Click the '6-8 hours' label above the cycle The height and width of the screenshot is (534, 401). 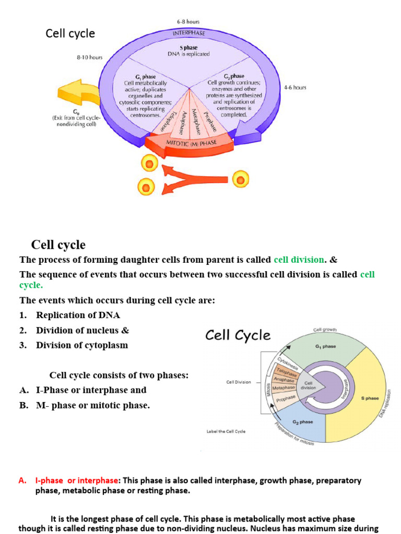click(188, 21)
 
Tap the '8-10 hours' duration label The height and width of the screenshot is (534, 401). click(90, 58)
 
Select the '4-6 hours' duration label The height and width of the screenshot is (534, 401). click(295, 88)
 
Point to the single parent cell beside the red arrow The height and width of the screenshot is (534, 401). click(240, 180)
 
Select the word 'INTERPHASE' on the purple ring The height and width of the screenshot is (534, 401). click(188, 32)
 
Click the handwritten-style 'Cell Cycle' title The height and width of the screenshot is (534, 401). click(238, 335)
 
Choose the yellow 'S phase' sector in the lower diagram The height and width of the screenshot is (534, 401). click(365, 398)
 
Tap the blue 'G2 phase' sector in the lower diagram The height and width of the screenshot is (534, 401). click(303, 422)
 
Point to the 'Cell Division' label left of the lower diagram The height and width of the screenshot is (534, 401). click(238, 382)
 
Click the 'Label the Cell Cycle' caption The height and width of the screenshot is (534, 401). click(226, 431)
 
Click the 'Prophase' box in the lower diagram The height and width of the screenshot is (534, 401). click(286, 399)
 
